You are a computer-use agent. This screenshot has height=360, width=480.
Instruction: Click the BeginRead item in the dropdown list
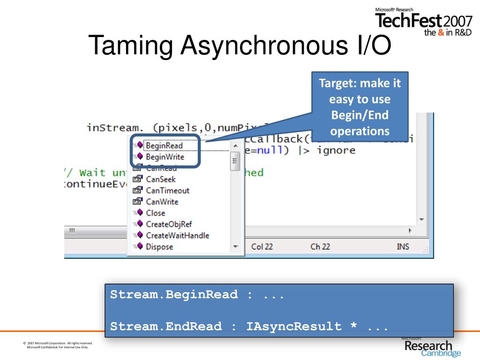pyautogui.click(x=164, y=146)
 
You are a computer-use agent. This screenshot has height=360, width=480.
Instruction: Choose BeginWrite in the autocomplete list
pyautogui.click(x=165, y=157)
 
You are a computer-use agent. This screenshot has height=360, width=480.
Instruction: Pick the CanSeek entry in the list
pyautogui.click(x=161, y=179)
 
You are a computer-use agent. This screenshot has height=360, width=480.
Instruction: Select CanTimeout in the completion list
pyautogui.click(x=167, y=190)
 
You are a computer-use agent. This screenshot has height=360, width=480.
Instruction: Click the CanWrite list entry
pyautogui.click(x=162, y=202)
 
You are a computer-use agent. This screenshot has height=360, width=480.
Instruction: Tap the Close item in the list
pyautogui.click(x=156, y=213)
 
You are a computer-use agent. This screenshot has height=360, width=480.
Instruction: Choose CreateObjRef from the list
pyautogui.click(x=169, y=224)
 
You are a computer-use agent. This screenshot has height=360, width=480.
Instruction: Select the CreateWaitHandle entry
pyautogui.click(x=177, y=235)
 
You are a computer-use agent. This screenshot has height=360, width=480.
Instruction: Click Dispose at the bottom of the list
pyautogui.click(x=159, y=247)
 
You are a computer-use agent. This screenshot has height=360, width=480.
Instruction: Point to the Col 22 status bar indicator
pyautogui.click(x=262, y=247)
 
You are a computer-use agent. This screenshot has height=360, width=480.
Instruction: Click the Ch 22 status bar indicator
pyautogui.click(x=320, y=247)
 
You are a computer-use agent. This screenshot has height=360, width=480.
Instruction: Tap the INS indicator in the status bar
pyautogui.click(x=403, y=247)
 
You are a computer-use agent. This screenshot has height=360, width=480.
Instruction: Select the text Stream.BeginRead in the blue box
pyautogui.click(x=174, y=295)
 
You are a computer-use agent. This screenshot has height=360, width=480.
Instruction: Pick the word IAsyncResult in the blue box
pyautogui.click(x=294, y=326)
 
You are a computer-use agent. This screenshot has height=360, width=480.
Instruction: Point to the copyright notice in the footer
pyautogui.click(x=58, y=345)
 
